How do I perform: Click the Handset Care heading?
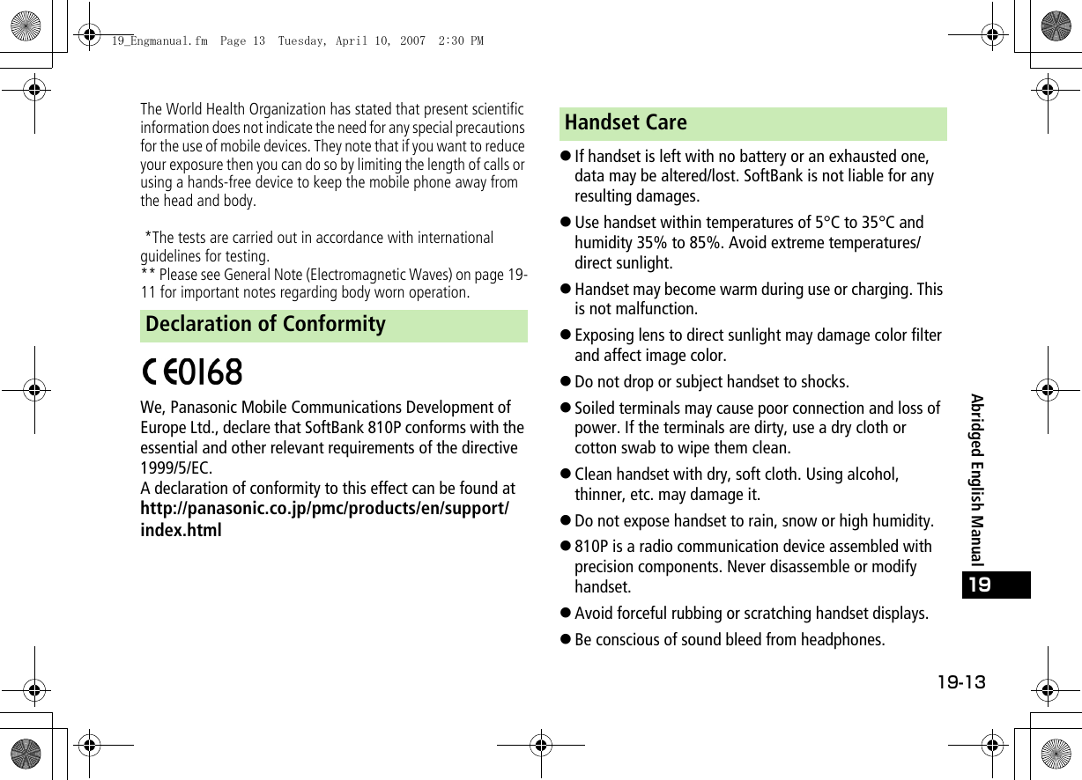tap(626, 123)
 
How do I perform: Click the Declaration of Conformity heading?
tap(265, 325)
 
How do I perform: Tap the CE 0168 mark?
tap(193, 372)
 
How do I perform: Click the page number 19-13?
tap(960, 683)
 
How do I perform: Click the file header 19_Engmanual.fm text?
tap(159, 40)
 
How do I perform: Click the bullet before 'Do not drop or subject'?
tap(567, 382)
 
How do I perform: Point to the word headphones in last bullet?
tap(846, 640)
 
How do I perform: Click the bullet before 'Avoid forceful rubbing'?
tap(567, 614)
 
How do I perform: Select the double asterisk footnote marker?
tap(148, 275)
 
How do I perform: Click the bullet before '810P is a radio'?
tap(567, 547)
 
